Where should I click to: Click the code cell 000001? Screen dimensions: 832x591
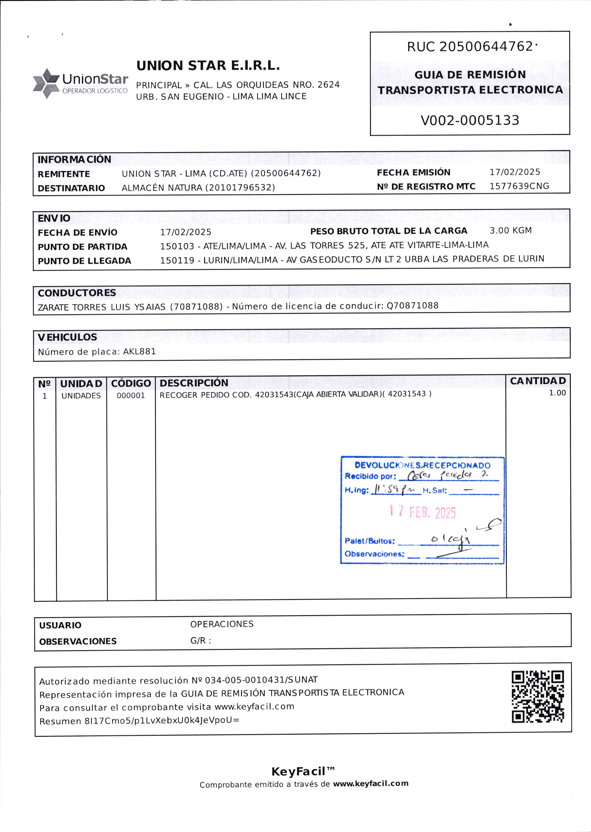click(131, 396)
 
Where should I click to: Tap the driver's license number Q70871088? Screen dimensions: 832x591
click(412, 306)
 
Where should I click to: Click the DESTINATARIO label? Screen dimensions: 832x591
click(71, 188)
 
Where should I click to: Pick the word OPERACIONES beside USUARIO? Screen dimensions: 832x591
click(222, 624)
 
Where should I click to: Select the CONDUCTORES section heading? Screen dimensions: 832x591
click(77, 293)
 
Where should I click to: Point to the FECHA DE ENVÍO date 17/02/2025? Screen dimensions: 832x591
click(186, 232)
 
